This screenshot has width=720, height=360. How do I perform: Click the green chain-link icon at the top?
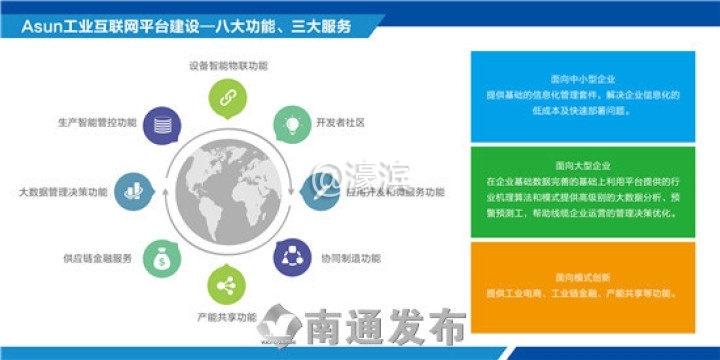[x=227, y=96]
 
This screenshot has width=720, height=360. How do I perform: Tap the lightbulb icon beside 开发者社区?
[x=292, y=124]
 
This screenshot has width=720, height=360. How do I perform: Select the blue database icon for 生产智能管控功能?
[x=160, y=125]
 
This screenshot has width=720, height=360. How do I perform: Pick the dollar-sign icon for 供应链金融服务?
[x=160, y=257]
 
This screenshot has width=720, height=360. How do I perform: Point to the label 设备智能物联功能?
[x=227, y=66]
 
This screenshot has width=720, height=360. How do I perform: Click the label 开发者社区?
[x=340, y=123]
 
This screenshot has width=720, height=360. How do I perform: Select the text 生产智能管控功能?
[x=97, y=123]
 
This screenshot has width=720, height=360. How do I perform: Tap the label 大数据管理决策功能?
[x=63, y=190]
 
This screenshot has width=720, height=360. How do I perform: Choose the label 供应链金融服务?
[x=97, y=258]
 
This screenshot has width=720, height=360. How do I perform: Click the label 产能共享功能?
[x=227, y=317]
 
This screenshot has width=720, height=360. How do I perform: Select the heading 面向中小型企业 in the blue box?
[x=582, y=78]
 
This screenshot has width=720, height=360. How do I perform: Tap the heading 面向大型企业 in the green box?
[x=582, y=165]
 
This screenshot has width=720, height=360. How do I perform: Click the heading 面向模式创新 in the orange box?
[x=582, y=277]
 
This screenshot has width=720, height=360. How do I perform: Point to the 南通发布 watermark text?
[x=385, y=329]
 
